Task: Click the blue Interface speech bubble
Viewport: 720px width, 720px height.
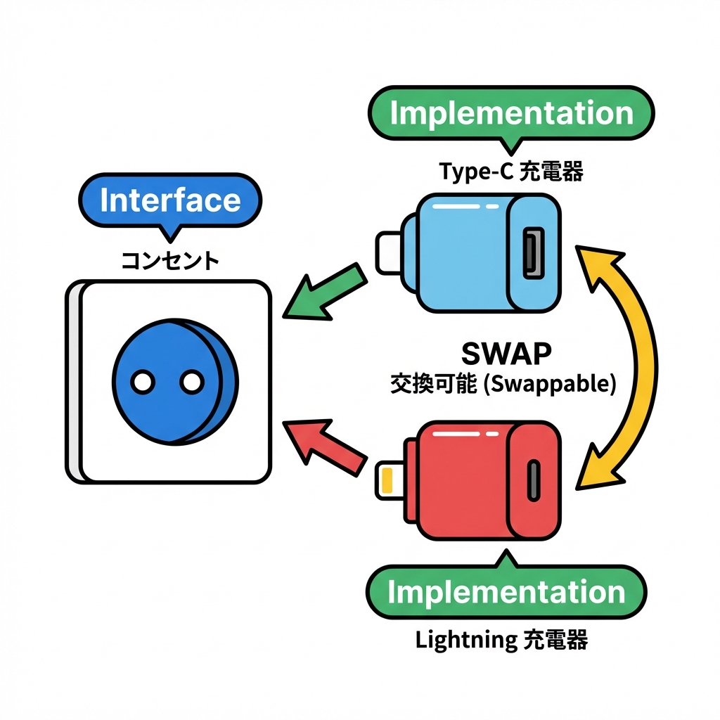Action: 170,200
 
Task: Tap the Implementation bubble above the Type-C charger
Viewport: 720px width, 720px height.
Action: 511,114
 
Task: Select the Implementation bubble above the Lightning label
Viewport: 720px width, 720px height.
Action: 506,592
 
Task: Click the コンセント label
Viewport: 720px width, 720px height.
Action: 170,261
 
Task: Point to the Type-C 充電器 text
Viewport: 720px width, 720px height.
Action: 511,172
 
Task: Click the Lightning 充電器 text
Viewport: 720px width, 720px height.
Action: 501,640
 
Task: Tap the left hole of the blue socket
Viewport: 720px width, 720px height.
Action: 143,382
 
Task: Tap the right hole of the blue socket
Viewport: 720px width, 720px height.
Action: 191,382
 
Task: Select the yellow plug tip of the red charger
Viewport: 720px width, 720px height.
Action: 386,480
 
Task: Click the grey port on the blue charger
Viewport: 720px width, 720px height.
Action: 534,251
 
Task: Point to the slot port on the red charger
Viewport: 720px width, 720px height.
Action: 534,480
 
